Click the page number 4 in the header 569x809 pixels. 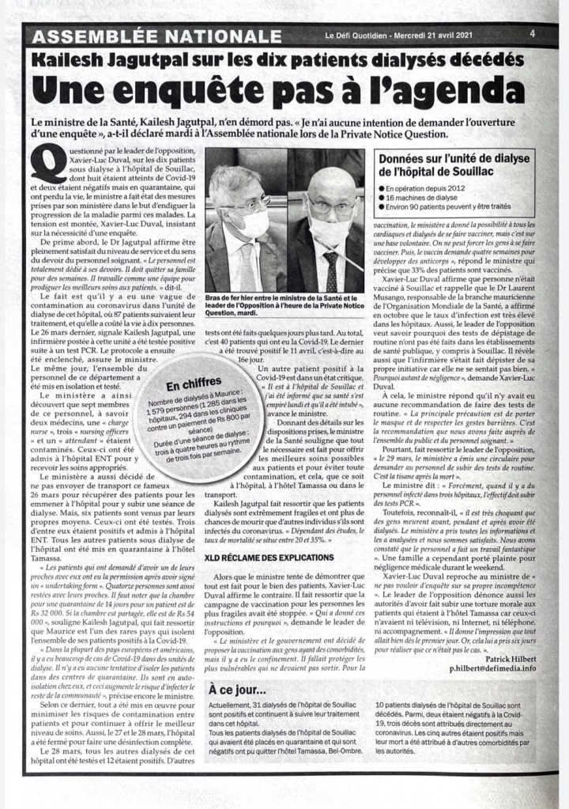click(x=533, y=34)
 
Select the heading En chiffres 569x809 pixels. click(x=194, y=384)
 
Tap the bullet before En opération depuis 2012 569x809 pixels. click(x=381, y=190)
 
